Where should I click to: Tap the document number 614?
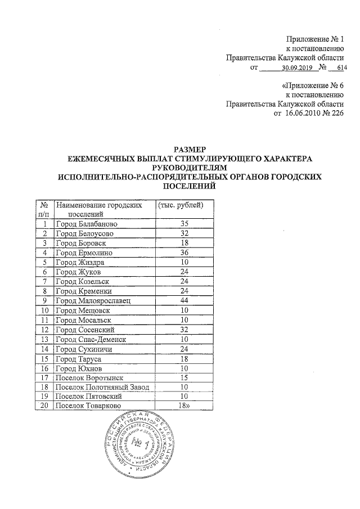(341, 69)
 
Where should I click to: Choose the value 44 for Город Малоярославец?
(181, 300)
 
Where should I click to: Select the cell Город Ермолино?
(82, 253)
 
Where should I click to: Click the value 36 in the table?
(181, 253)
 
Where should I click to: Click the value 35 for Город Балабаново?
(181, 224)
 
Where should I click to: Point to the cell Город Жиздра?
(80, 262)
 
